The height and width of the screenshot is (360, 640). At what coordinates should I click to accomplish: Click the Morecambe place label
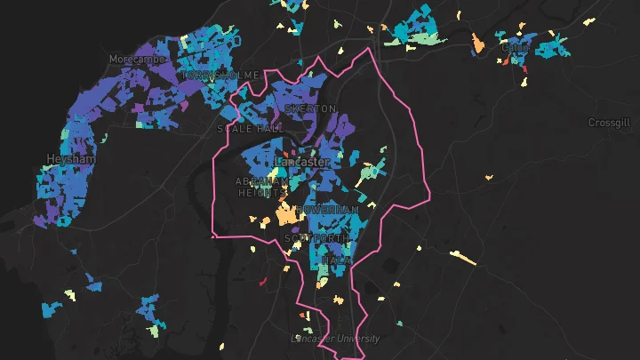point(132,59)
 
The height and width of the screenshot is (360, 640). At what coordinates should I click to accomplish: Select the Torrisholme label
point(221,76)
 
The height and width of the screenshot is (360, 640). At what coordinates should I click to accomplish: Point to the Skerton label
point(311,108)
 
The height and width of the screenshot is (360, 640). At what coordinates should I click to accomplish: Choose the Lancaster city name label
point(302,163)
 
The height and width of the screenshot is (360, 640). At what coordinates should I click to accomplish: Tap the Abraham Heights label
point(261,186)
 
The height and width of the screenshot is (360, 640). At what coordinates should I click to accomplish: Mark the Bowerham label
point(327,211)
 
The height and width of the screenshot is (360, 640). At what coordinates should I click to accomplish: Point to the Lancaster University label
point(336,339)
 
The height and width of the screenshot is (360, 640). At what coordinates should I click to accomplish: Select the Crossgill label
point(609,123)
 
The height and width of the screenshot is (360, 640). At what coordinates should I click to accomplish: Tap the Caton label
point(516,47)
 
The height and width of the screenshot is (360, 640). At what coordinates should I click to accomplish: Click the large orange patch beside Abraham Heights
point(287,213)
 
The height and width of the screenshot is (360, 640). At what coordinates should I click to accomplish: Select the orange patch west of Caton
point(477,41)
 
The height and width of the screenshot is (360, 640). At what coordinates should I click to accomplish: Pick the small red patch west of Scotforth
point(263,282)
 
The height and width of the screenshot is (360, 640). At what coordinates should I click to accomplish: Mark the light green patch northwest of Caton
point(429,39)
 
